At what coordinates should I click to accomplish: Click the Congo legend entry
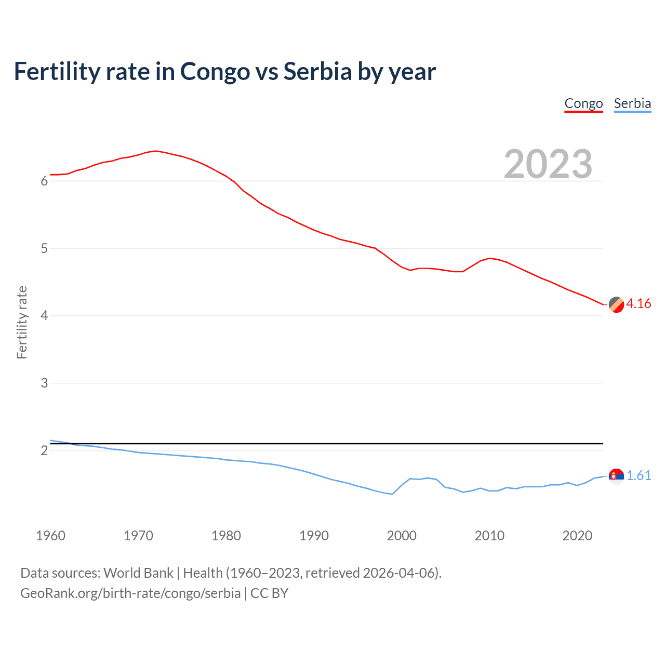(x=583, y=103)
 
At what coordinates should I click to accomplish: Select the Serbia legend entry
(x=632, y=103)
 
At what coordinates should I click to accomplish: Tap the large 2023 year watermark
(x=548, y=164)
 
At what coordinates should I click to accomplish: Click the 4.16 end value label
(x=639, y=303)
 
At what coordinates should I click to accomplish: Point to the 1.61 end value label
(x=639, y=475)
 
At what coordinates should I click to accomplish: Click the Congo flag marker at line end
(x=616, y=305)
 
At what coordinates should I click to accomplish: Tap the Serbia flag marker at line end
(x=616, y=476)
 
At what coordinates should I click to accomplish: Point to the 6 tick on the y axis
(x=44, y=181)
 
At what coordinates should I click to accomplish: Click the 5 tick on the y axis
(x=44, y=248)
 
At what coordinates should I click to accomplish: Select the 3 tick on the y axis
(x=44, y=383)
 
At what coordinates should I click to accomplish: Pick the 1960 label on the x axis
(x=50, y=536)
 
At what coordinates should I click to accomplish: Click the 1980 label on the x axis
(x=226, y=536)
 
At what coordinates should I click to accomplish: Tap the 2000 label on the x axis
(x=402, y=536)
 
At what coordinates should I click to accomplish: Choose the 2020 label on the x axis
(x=577, y=536)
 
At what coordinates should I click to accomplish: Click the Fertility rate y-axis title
(x=22, y=322)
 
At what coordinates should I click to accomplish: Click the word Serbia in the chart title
(x=317, y=71)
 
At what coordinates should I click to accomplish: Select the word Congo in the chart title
(x=215, y=71)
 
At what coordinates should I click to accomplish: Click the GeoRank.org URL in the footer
(x=130, y=593)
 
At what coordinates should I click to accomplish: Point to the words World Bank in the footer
(x=138, y=573)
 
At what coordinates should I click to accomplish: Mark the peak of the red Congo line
(x=155, y=151)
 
